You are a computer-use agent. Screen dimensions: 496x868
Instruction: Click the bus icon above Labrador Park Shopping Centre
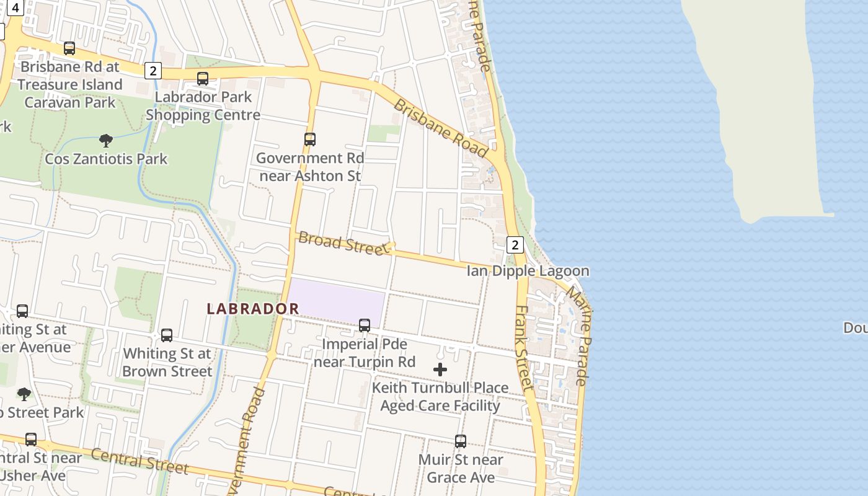(203, 79)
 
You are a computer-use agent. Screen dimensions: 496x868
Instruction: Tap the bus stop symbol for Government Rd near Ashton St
(310, 139)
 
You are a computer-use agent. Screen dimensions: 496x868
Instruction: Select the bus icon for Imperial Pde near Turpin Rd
(365, 325)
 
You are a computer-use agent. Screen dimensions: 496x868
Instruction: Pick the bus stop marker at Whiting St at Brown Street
(167, 335)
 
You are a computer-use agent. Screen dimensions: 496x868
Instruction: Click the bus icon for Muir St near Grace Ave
(461, 441)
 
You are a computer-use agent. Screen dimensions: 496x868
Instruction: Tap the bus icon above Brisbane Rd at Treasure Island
(69, 48)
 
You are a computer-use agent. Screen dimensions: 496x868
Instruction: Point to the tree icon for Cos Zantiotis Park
(106, 141)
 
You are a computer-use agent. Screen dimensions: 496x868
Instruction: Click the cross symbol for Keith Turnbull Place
(440, 370)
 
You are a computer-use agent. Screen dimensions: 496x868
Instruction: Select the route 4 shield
(15, 7)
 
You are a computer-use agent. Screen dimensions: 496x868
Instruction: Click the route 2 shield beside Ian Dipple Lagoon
(515, 245)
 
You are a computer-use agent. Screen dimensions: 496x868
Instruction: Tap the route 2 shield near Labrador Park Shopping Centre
(153, 71)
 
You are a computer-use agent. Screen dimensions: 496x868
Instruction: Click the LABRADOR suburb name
(253, 308)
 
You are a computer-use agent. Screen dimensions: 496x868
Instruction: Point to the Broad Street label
(343, 243)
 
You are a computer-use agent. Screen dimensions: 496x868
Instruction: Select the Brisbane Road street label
(441, 128)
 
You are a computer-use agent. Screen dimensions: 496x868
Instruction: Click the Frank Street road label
(524, 347)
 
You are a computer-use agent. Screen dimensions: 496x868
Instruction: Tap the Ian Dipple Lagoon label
(528, 271)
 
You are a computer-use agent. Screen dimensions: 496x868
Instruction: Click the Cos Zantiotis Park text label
(106, 159)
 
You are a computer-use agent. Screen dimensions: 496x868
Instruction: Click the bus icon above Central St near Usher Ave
(31, 440)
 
